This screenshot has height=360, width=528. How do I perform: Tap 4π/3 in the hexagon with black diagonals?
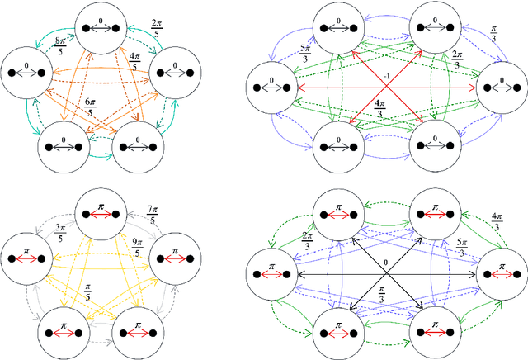(x=499, y=222)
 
